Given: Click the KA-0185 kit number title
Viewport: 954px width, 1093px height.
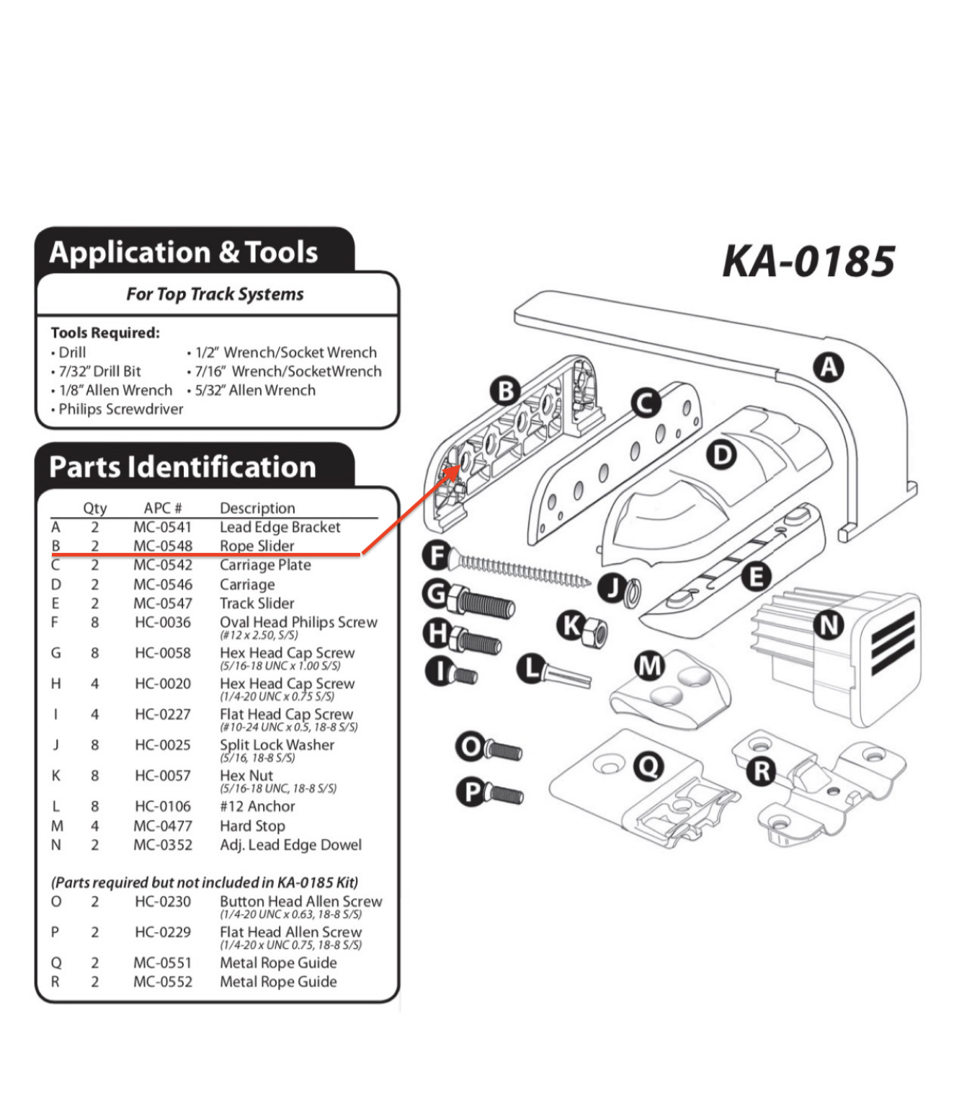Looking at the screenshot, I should point(808,261).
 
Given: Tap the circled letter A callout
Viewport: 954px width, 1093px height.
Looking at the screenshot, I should point(829,368).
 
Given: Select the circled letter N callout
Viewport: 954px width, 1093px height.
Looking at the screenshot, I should point(829,624).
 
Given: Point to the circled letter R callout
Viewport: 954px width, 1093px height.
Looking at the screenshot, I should point(761,771).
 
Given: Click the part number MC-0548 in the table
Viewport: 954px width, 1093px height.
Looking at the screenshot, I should point(163,546).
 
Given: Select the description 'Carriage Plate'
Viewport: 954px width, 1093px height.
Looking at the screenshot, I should point(265,565).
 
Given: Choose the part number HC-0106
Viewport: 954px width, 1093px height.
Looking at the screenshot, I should point(163,806).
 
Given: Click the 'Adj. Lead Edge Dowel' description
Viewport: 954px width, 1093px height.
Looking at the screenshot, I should point(290,844).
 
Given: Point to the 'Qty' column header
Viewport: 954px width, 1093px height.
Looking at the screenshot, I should point(94,508).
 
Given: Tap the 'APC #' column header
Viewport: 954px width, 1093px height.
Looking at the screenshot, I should point(163,508).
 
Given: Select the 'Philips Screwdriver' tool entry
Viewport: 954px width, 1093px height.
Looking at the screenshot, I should point(120,409).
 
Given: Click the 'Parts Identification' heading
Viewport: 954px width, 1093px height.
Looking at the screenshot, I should point(182,467).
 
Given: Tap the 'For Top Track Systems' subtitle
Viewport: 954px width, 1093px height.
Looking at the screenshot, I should point(215,294).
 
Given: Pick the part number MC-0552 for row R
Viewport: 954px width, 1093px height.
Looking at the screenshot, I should point(163,981).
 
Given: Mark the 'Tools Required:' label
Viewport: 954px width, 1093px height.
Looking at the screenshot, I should point(105,332).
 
